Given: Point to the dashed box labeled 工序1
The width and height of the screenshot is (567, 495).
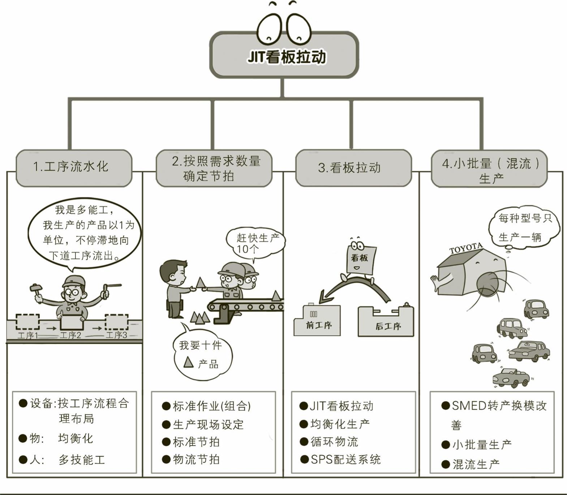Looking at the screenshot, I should (x=27, y=322).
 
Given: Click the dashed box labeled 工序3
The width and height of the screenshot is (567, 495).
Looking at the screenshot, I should (x=116, y=322).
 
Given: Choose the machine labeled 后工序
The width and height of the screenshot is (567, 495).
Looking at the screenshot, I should (x=386, y=321).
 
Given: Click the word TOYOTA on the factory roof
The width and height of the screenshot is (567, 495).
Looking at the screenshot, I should (x=466, y=248).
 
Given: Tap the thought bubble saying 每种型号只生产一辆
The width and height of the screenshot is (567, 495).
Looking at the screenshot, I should (x=524, y=227).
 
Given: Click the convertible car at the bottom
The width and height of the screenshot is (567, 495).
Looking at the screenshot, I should (x=511, y=377).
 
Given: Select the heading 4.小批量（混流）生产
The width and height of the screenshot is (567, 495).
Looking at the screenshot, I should (x=489, y=170).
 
